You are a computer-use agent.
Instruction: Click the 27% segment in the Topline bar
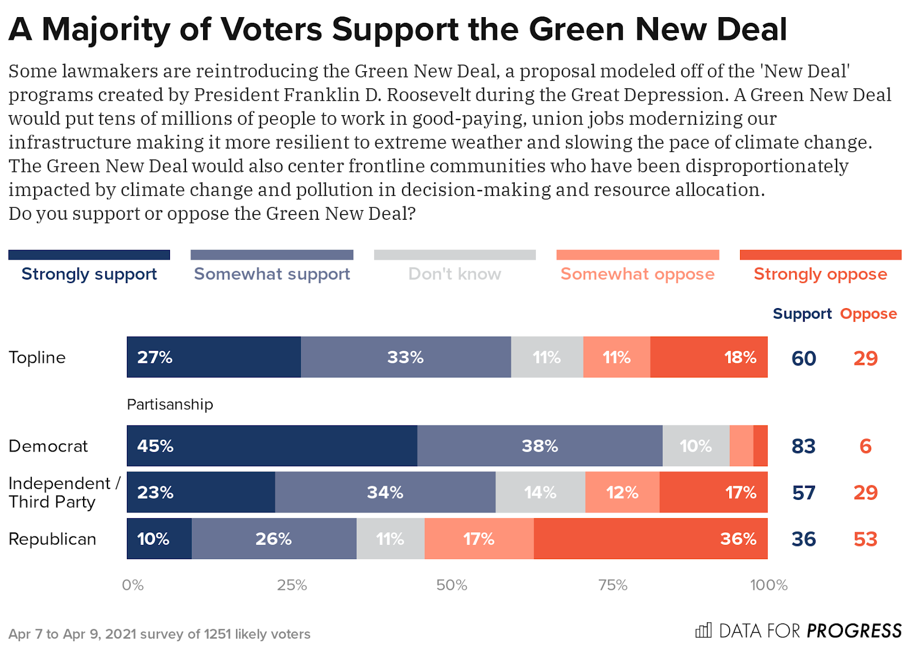[x=213, y=357]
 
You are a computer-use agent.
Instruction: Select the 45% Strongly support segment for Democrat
[x=272, y=446]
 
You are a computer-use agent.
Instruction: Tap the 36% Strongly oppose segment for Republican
[x=650, y=539]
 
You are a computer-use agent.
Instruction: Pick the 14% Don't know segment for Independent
[x=540, y=493]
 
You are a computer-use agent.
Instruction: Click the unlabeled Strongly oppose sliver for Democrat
[x=760, y=446]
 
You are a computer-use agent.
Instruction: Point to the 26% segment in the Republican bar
[x=274, y=539]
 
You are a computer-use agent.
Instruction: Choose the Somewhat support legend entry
[x=272, y=274]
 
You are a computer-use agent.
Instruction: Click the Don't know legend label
[x=454, y=274]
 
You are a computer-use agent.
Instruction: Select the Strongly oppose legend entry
[x=820, y=274]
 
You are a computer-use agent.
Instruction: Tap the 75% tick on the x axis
[x=613, y=585]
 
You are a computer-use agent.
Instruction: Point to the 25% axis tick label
[x=292, y=585]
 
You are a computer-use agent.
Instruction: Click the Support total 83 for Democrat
[x=803, y=446]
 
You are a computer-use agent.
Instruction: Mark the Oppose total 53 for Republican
[x=865, y=539]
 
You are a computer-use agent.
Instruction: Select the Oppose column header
[x=868, y=314]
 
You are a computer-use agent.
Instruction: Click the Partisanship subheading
[x=169, y=404]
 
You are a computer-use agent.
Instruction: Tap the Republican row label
[x=52, y=539]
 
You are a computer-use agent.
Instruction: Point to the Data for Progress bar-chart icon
[x=704, y=630]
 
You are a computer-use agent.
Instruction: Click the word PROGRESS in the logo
[x=854, y=631]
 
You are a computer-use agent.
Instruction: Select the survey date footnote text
[x=159, y=634]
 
